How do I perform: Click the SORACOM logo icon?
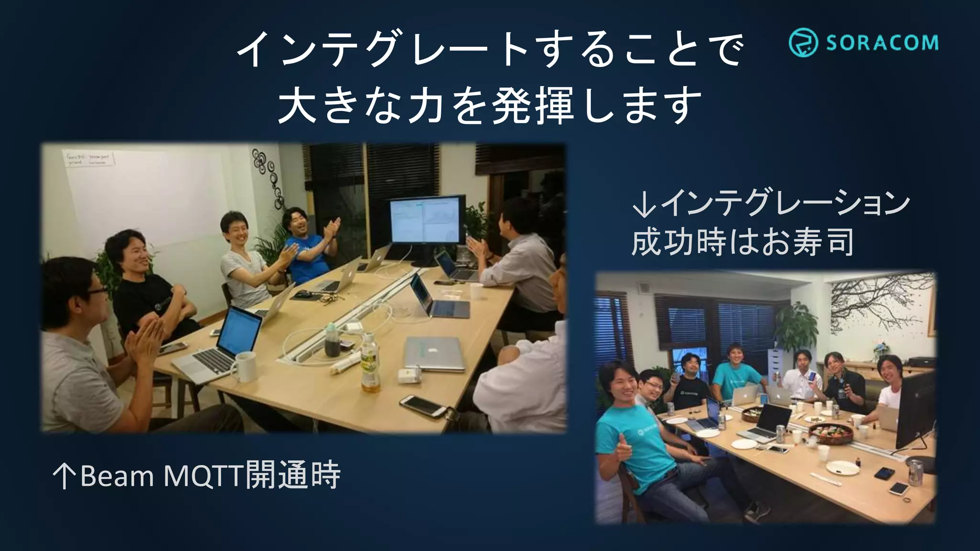[x=803, y=42]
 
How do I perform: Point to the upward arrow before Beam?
[x=64, y=476]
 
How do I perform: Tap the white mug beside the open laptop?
[x=245, y=366]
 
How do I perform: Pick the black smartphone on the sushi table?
[x=884, y=474]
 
